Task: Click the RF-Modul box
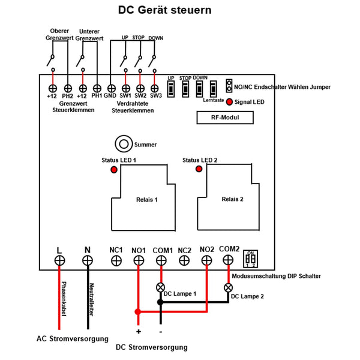[x=226, y=118]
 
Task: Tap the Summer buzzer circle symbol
[x=124, y=144]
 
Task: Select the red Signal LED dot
[x=229, y=102]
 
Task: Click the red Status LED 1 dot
[x=114, y=170]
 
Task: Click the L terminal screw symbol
[x=59, y=260]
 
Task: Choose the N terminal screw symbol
[x=88, y=260]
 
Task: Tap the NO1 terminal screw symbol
[x=139, y=260]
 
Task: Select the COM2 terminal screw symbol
[x=228, y=260]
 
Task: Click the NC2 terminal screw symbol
[x=184, y=260]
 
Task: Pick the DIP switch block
[x=251, y=259]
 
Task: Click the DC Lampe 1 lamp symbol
[x=161, y=287]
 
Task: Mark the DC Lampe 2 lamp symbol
[x=228, y=287]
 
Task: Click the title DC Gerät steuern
[x=164, y=11]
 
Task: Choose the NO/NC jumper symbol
[x=229, y=86]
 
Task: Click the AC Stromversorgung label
[x=72, y=338]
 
